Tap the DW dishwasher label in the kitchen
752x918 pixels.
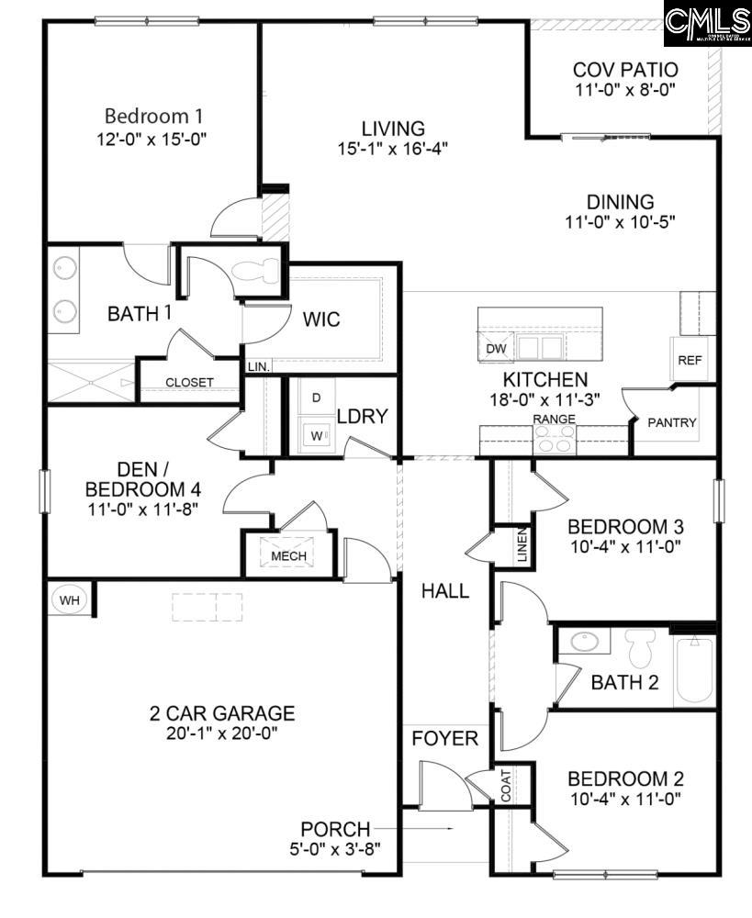point(495,349)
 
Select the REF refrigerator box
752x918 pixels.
point(690,360)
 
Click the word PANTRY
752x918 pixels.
point(672,423)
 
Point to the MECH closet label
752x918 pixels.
point(288,555)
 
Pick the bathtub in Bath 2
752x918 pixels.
point(695,672)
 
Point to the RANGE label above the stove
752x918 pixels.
point(555,419)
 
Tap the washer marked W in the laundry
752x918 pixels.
point(315,435)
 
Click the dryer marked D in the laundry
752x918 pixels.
point(317,397)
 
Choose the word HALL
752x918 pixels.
point(445,591)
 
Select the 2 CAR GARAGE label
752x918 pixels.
point(222,713)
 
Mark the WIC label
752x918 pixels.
point(321,319)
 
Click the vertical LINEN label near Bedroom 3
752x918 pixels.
point(522,547)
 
